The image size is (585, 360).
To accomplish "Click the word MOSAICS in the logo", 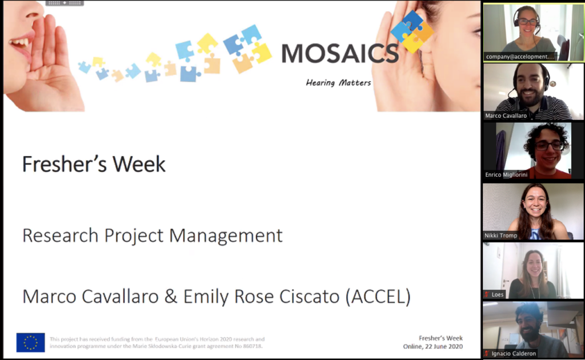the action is coord(340,53).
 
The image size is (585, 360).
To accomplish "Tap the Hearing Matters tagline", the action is coord(338,82).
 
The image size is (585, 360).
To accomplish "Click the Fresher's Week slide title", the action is coord(94,164).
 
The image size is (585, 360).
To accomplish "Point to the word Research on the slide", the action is coord(62,235).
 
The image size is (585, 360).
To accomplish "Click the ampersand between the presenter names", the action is coord(171,297).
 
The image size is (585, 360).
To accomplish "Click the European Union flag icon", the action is coord(31,342).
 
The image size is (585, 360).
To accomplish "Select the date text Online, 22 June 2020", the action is coord(433,346).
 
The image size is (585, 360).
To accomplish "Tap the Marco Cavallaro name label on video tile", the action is coord(506,115).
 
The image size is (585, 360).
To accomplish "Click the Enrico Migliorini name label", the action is coord(506,175).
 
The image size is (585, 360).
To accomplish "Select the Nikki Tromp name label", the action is coord(500,235).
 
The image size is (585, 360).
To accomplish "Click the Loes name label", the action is coord(498,294).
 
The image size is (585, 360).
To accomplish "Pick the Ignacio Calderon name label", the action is coord(514,353).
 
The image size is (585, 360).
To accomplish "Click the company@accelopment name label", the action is coord(520,57).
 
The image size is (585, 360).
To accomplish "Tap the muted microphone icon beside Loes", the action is coord(487,294).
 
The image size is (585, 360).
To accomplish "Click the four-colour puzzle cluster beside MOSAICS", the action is coord(412,31).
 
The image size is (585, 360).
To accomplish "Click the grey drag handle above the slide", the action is coord(65,3).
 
